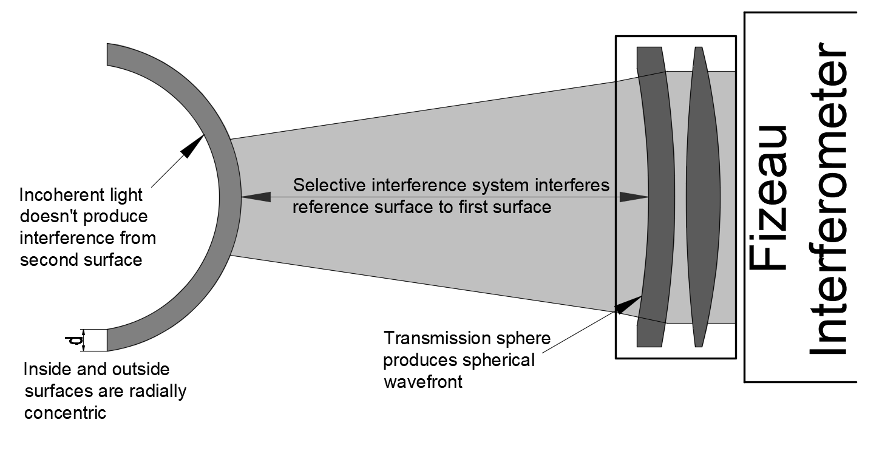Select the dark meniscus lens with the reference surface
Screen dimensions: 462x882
click(x=656, y=197)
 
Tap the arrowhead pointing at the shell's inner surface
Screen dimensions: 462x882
click(x=194, y=146)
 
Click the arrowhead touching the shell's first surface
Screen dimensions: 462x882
click(x=256, y=197)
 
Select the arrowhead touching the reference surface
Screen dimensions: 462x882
click(x=634, y=197)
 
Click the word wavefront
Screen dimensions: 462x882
click(x=423, y=382)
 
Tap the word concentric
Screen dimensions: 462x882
click(x=65, y=413)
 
